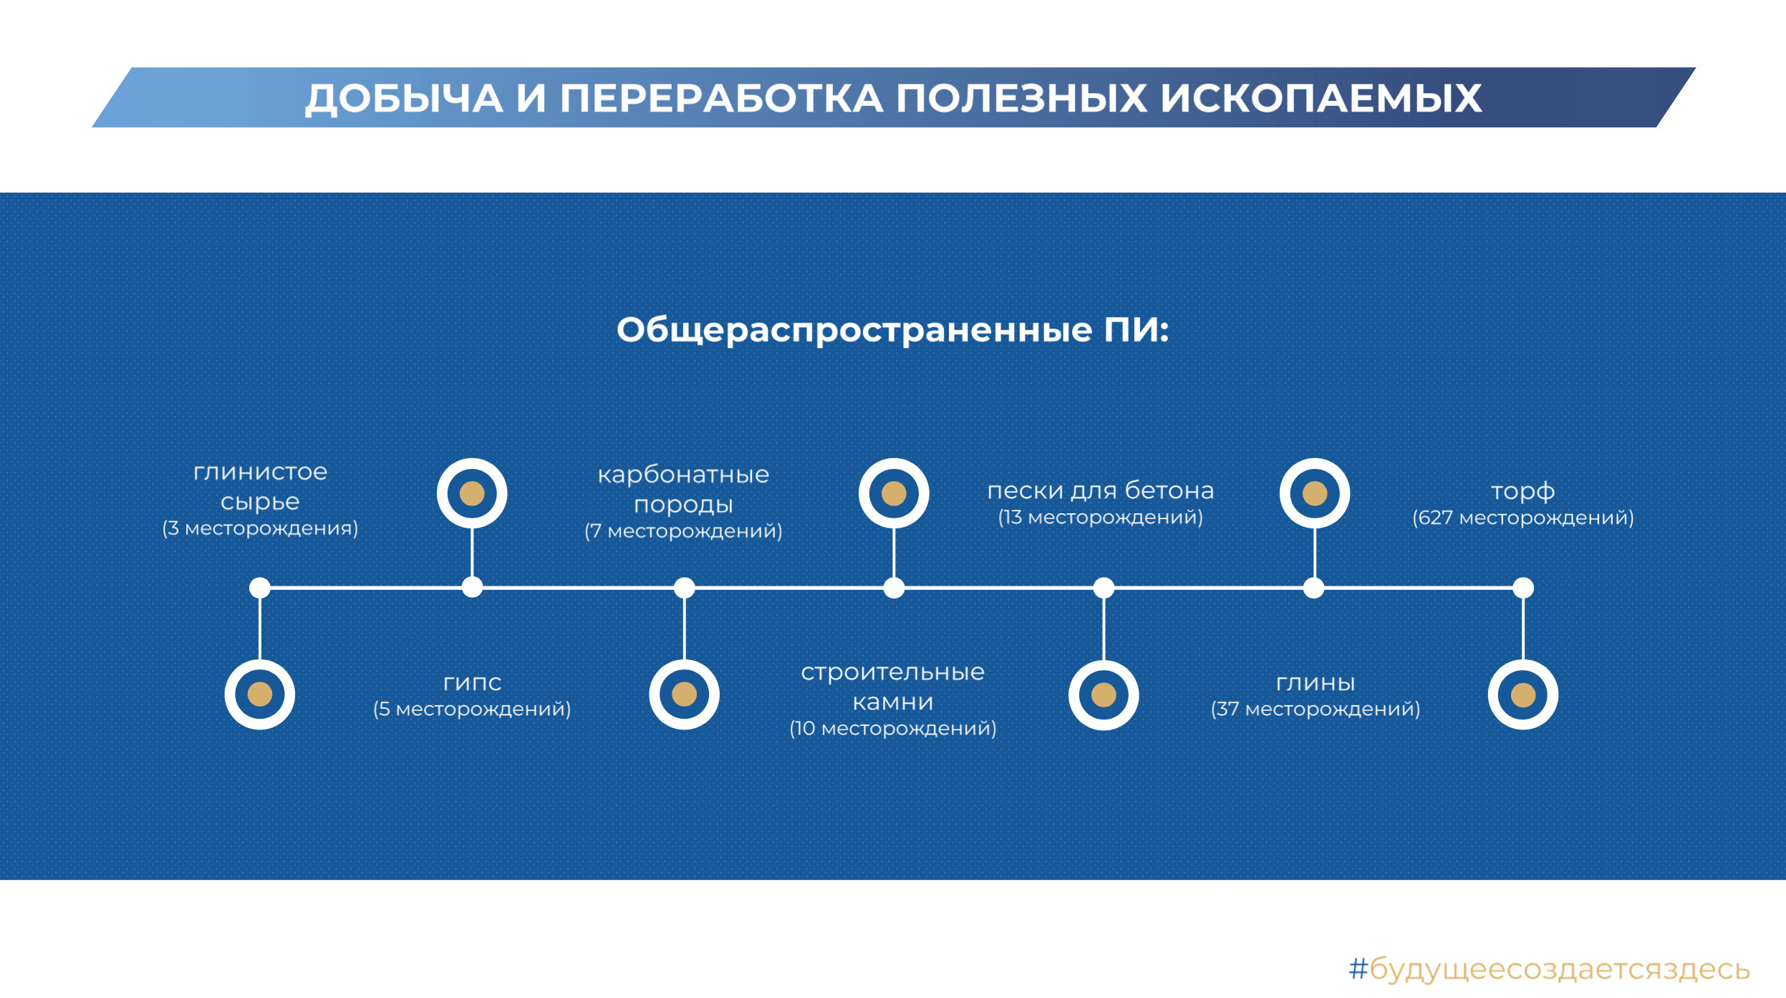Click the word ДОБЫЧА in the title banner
coord(404,99)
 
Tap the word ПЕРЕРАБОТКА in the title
coord(720,98)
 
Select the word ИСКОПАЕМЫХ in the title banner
coord(1321,98)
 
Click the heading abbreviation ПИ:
coord(1136,330)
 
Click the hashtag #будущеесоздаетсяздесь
coord(1549,969)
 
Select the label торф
coord(1522,492)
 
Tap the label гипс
coord(472,683)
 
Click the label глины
coord(1315,683)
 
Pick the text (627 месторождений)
coord(1522,518)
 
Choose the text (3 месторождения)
coord(260,528)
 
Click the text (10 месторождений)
coord(892,728)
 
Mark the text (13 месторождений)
coord(1100,517)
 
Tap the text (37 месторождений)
coord(1315,709)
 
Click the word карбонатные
coord(683,475)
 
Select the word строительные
coord(892,673)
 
